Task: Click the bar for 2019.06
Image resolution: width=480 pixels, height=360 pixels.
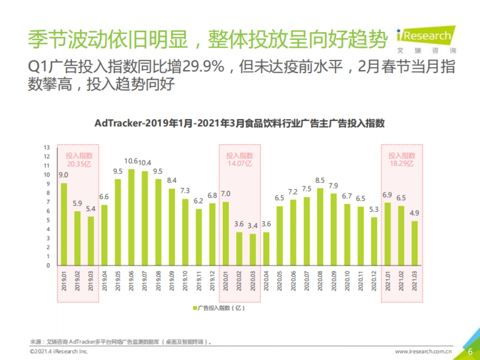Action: click(131, 217)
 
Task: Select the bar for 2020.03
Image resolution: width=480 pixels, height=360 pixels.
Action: click(253, 250)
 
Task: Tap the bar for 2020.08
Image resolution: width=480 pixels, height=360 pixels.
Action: click(320, 227)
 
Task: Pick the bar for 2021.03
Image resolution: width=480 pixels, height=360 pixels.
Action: click(415, 243)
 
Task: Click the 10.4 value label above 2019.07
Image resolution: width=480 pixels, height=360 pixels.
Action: click(145, 162)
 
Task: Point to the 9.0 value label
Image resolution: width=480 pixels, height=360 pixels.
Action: click(64, 175)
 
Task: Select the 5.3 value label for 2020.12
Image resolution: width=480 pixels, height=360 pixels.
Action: click(374, 209)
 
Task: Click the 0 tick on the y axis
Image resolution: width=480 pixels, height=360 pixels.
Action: click(48, 266)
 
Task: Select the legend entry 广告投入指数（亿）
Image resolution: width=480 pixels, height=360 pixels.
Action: click(218, 308)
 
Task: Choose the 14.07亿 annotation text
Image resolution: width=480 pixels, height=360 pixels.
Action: click(240, 164)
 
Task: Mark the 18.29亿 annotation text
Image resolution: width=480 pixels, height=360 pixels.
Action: click(402, 164)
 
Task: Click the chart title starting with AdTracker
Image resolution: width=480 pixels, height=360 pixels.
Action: click(239, 123)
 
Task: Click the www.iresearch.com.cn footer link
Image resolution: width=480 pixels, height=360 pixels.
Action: click(424, 352)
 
